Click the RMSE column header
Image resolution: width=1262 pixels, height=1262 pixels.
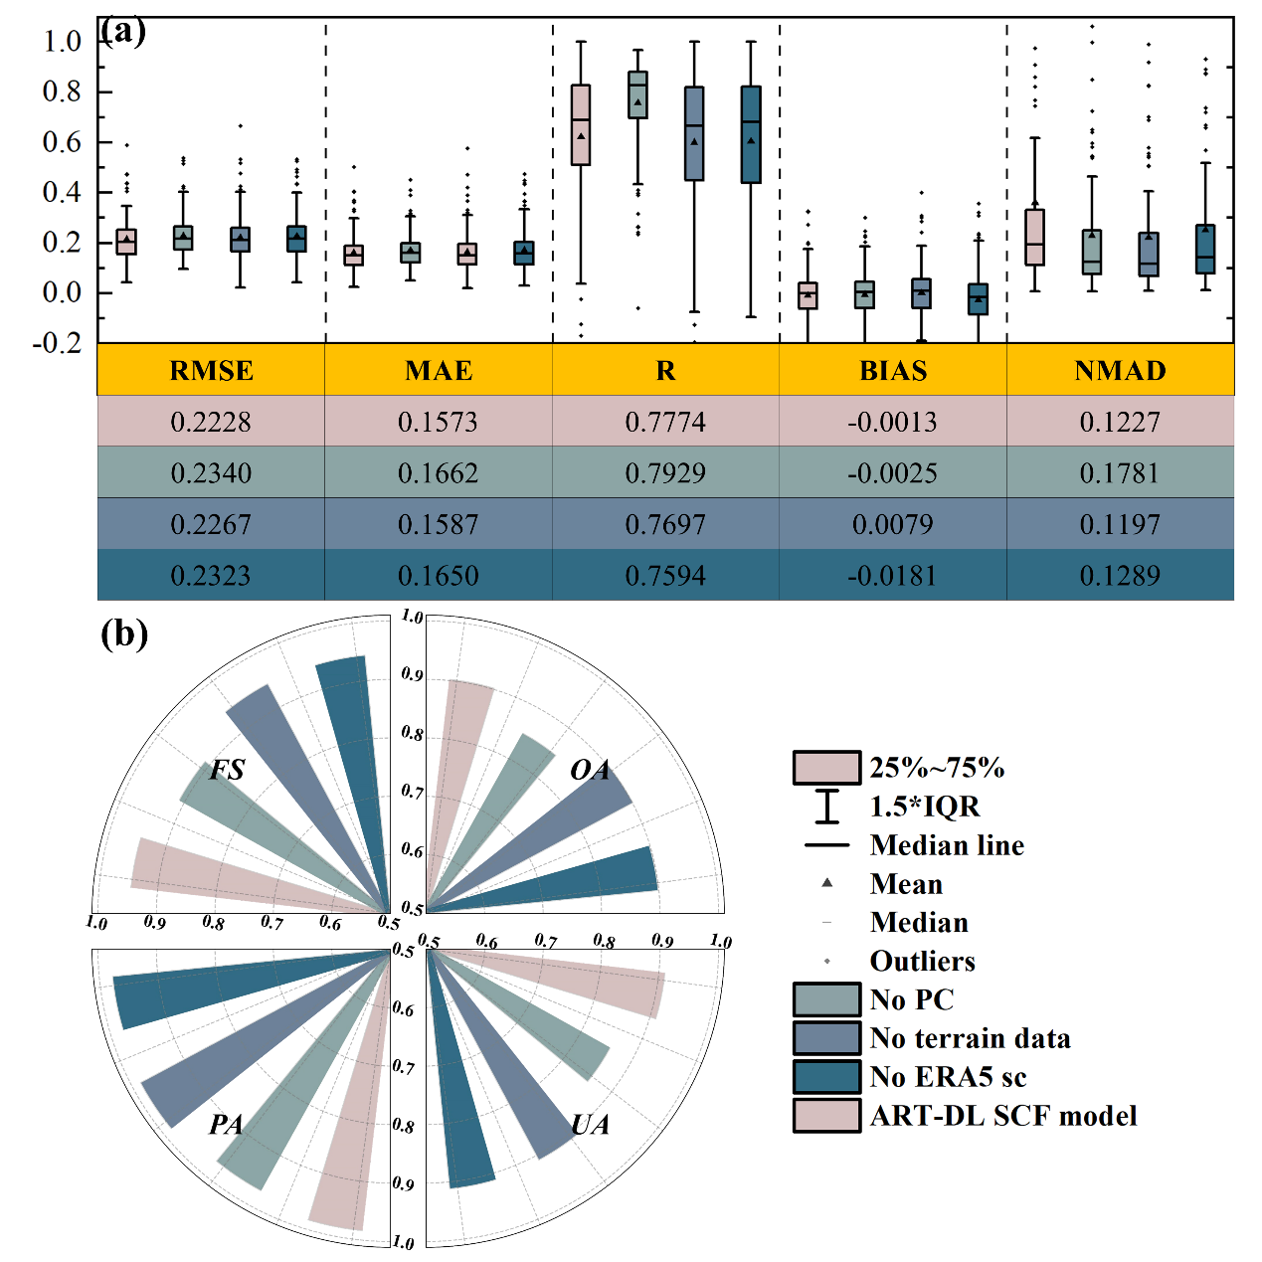211,371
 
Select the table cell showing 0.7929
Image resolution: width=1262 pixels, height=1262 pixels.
665,473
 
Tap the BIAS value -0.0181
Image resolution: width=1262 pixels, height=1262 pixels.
892,576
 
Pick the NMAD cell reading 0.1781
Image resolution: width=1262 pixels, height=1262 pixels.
1120,473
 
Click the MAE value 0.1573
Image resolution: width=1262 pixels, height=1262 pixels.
438,423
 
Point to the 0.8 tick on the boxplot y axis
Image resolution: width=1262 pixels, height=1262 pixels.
62,91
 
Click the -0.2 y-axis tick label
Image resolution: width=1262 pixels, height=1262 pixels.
57,343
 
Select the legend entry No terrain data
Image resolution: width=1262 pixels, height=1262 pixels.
970,1038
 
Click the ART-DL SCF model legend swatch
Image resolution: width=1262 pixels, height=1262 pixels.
826,1116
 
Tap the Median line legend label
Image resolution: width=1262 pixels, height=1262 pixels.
947,845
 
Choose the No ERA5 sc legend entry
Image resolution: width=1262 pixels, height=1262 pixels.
948,1077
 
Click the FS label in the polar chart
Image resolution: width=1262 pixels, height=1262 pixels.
227,771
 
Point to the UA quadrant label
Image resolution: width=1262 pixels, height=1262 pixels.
590,1125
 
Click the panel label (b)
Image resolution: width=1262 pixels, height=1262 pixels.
124,633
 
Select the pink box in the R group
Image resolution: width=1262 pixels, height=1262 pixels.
581,124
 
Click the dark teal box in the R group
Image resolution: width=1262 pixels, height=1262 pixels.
751,134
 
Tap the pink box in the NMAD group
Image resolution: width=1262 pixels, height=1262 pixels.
1034,237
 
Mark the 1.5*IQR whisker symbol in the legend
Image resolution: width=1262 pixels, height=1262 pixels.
826,807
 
